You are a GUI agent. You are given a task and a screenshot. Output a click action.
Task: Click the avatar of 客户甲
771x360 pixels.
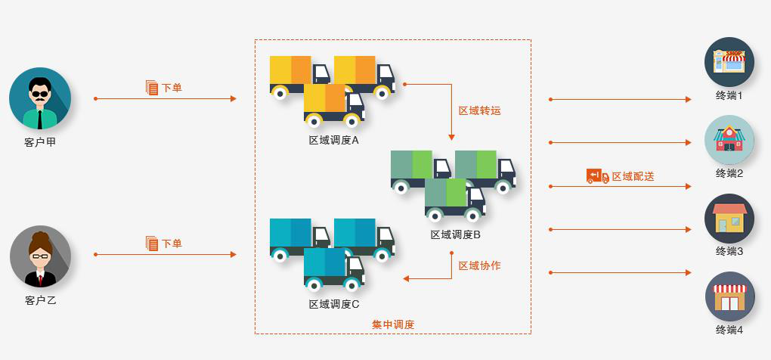click(40, 98)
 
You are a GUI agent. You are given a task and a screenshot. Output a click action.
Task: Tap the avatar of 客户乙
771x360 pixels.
click(40, 256)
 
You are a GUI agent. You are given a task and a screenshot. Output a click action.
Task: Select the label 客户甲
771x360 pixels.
click(40, 141)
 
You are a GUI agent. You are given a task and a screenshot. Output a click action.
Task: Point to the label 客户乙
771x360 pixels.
click(40, 300)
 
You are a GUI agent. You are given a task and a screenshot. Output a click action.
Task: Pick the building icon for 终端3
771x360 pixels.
click(729, 218)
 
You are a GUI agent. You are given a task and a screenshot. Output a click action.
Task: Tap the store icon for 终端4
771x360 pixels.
click(729, 296)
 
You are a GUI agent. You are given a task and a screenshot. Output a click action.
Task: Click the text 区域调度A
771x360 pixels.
click(333, 140)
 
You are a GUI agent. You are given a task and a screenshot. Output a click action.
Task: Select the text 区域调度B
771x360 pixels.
click(456, 234)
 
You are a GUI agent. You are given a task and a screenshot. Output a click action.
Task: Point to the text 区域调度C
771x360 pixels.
click(333, 304)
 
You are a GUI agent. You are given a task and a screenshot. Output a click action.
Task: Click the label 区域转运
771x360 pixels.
click(479, 110)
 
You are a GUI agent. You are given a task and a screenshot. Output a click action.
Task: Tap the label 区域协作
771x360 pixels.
click(479, 265)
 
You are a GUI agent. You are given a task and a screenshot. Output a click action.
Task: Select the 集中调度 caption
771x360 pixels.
click(393, 324)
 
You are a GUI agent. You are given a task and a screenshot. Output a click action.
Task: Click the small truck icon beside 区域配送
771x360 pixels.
click(597, 176)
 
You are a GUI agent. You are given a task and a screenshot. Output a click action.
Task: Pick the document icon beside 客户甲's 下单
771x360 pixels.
click(151, 87)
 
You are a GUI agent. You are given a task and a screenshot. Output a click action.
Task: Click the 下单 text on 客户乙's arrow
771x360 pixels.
click(172, 244)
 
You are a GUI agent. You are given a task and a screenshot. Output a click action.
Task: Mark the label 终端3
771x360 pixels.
click(729, 251)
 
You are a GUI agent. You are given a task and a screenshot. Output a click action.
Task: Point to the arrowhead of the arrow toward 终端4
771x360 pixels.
click(688, 272)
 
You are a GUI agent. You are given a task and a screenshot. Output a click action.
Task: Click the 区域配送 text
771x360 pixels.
click(633, 176)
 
